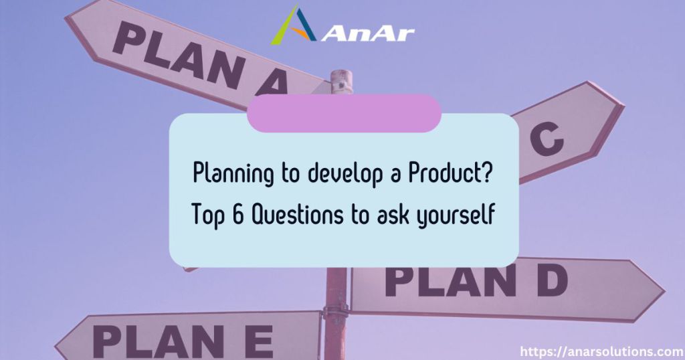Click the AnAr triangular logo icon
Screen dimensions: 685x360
[x=293, y=25]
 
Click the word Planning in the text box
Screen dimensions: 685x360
[x=233, y=174]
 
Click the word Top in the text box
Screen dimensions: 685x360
[x=209, y=215]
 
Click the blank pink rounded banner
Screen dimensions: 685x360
[x=344, y=113]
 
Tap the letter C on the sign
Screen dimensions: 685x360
[x=547, y=139]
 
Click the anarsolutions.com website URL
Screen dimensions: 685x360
[x=601, y=351]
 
